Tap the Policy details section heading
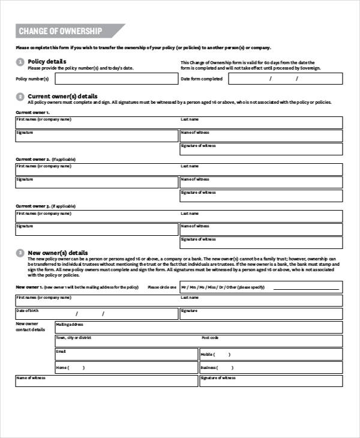[x=47, y=61]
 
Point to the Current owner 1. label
[x=32, y=112]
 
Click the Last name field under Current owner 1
[x=261, y=122]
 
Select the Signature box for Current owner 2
[x=97, y=182]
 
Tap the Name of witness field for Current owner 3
[x=261, y=229]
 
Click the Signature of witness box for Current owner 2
[x=261, y=196]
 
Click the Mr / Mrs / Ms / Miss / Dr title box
[x=261, y=287]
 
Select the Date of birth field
[x=97, y=314]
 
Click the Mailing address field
[x=199, y=327]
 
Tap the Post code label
[x=210, y=338]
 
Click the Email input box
[x=126, y=354]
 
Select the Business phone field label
[x=208, y=367]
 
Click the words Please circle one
[x=162, y=287]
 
